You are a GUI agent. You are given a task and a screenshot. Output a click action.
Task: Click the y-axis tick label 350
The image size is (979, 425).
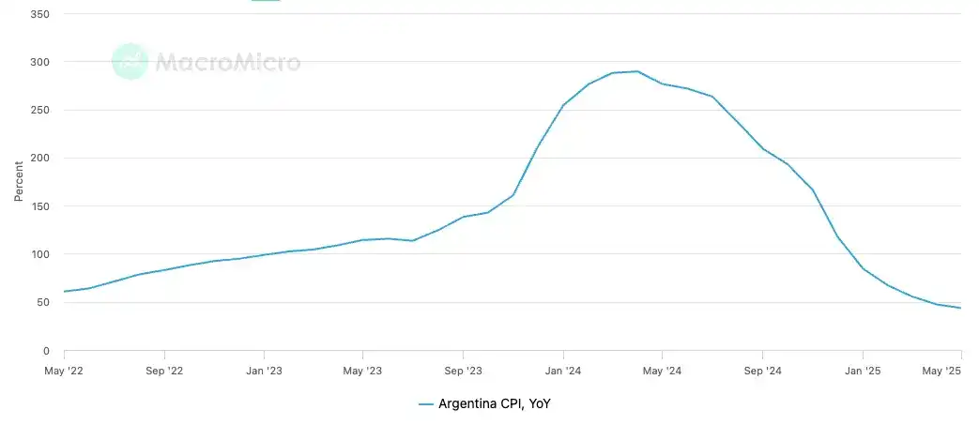(x=40, y=14)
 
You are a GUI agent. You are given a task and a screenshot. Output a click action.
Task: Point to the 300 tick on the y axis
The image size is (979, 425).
(x=40, y=62)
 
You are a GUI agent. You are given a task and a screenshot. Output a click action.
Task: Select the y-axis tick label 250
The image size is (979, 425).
(x=40, y=110)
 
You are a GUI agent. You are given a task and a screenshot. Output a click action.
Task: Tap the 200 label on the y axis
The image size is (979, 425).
(x=40, y=159)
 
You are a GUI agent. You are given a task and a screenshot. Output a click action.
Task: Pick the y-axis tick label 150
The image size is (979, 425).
(x=40, y=206)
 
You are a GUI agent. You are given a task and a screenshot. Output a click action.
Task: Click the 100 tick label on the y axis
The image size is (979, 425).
(x=40, y=254)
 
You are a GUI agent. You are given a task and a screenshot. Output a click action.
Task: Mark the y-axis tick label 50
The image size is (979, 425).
(x=43, y=302)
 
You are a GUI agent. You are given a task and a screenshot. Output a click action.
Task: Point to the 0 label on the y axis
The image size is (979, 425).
(x=46, y=351)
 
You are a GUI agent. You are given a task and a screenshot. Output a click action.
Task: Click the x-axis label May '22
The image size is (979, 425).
(x=64, y=370)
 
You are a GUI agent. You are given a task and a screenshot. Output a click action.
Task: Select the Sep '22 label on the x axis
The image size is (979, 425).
(x=164, y=370)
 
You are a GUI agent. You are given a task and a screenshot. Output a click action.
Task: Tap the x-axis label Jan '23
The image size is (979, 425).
(x=264, y=370)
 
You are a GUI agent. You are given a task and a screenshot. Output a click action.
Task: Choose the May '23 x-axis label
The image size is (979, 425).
(x=363, y=370)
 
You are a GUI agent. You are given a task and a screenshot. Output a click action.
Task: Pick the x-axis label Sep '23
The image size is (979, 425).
(x=463, y=370)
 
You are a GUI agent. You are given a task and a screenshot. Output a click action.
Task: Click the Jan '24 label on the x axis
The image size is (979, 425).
(x=563, y=370)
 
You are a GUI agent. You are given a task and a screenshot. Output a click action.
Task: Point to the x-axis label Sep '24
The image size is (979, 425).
(x=762, y=370)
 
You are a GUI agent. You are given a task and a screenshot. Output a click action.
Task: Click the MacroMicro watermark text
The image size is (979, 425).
(x=227, y=63)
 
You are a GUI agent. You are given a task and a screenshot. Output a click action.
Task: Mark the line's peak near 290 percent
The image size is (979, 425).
(x=637, y=71)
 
